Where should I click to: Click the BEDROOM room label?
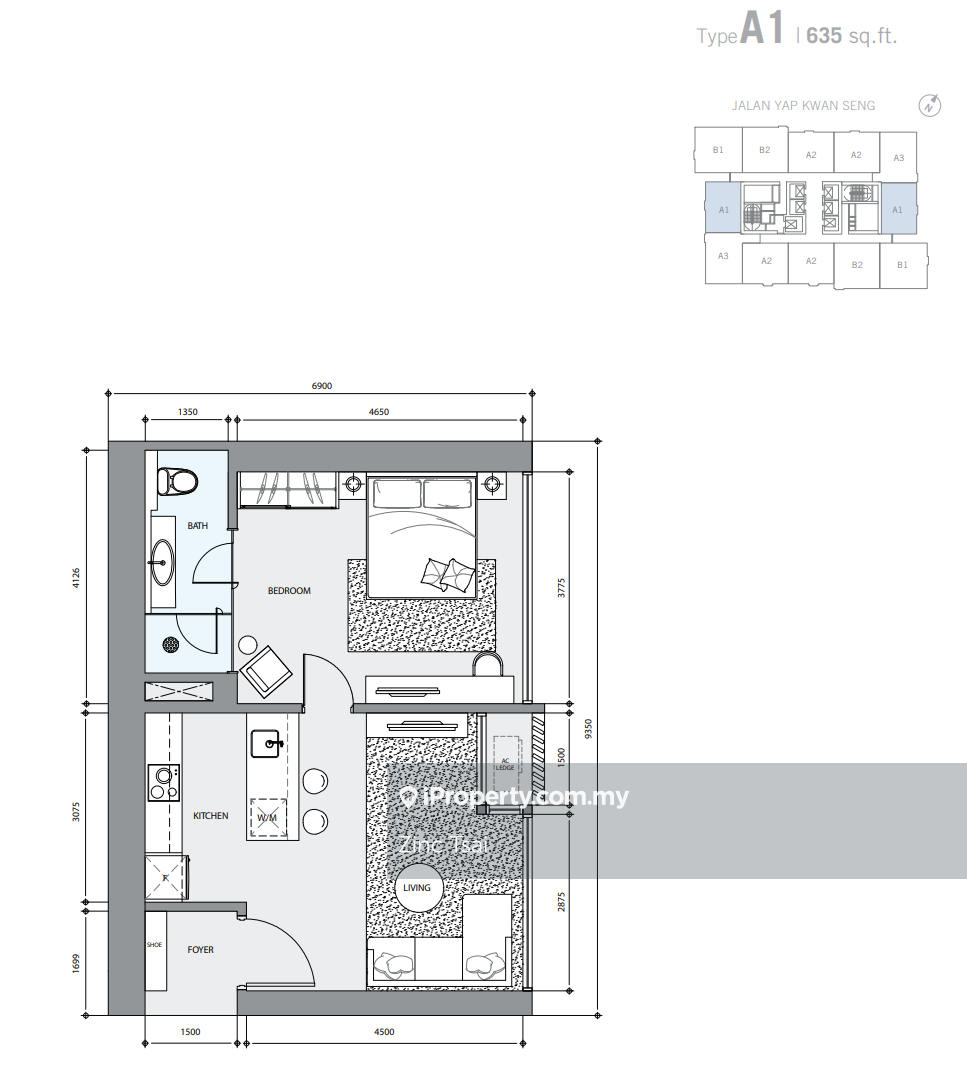pos(289,591)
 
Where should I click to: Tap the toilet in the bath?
pos(177,481)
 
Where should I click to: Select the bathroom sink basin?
pos(163,562)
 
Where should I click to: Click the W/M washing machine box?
pos(268,818)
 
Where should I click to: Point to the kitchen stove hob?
pos(164,783)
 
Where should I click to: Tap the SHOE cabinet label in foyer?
pos(154,945)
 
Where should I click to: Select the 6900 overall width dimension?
pos(322,386)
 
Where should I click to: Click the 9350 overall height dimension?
pos(589,729)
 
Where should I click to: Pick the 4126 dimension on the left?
pos(76,578)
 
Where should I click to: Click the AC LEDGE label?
pos(505,764)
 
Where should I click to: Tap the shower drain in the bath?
pos(171,644)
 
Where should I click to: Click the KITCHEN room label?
pos(211,816)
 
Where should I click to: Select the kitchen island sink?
pos(267,744)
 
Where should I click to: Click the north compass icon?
pos(929,106)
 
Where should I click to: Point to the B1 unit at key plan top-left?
pos(718,150)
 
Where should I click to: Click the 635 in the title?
pos(824,35)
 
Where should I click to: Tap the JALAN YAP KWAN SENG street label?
pos(803,106)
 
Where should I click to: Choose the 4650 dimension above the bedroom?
pos(379,412)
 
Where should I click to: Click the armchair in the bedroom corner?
pos(266,671)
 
